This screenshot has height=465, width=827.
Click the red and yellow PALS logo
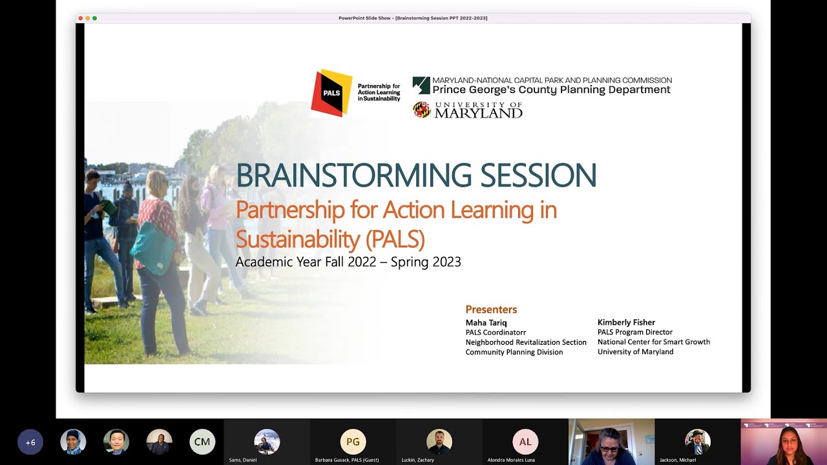pyautogui.click(x=331, y=93)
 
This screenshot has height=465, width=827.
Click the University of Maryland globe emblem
pyautogui.click(x=422, y=110)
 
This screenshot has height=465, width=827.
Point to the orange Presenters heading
pyautogui.click(x=491, y=309)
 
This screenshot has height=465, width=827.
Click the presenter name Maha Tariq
pyautogui.click(x=486, y=323)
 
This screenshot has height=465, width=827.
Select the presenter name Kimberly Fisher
pyautogui.click(x=626, y=322)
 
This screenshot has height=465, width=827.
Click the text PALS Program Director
pyautogui.click(x=635, y=332)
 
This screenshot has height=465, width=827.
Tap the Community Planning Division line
pyautogui.click(x=514, y=352)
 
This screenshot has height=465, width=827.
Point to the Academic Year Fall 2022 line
pyautogui.click(x=348, y=262)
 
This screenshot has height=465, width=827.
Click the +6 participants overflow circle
pyautogui.click(x=30, y=442)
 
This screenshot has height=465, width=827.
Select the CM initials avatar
pyautogui.click(x=202, y=442)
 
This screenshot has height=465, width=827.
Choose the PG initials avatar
pyautogui.click(x=353, y=442)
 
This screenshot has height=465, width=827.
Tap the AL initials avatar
pyautogui.click(x=525, y=442)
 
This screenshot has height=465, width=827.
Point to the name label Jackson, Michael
pyautogui.click(x=678, y=460)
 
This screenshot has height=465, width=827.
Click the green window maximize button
pyautogui.click(x=94, y=18)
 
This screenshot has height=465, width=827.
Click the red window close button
pyautogui.click(x=80, y=18)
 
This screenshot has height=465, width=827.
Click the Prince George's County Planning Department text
pyautogui.click(x=552, y=90)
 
